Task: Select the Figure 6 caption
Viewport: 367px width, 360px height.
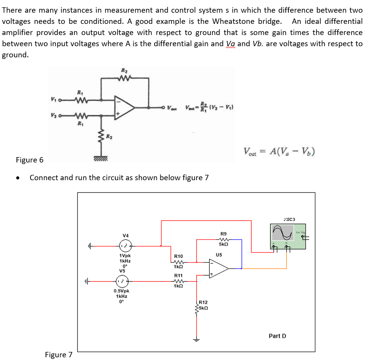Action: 30,160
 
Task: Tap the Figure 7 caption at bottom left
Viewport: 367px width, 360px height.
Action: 59,355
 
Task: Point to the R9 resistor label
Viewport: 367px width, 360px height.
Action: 224,233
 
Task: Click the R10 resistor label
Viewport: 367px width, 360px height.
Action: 178,256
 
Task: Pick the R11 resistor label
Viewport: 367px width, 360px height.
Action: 178,275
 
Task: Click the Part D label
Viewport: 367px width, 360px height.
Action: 277,336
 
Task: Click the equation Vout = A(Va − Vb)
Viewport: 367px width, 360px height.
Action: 279,151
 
